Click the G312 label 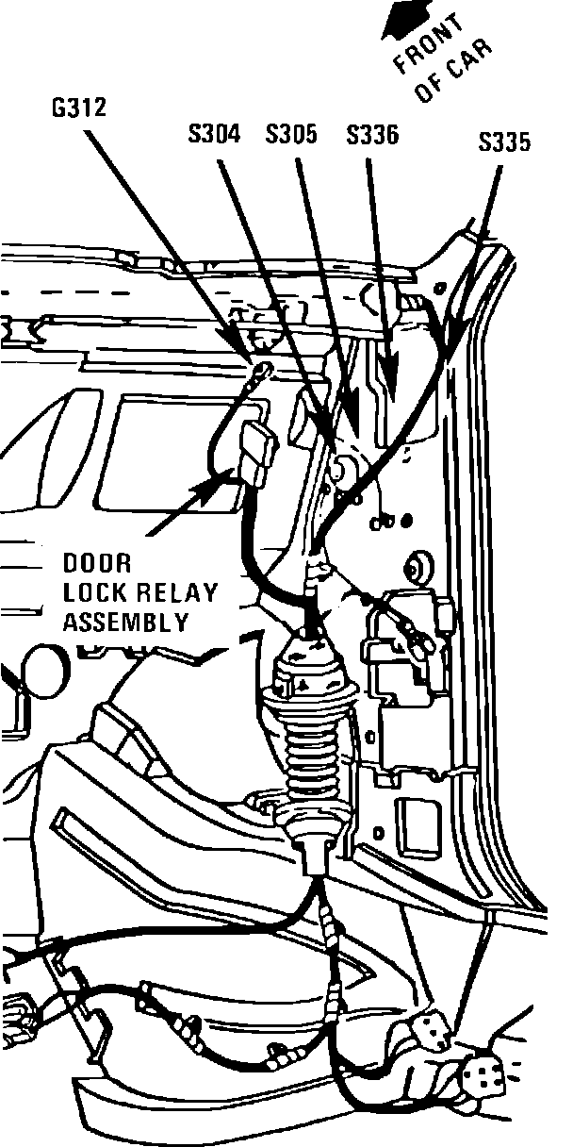[79, 108]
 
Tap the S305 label [292, 135]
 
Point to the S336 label [372, 135]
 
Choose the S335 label [505, 142]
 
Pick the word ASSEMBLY [125, 622]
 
